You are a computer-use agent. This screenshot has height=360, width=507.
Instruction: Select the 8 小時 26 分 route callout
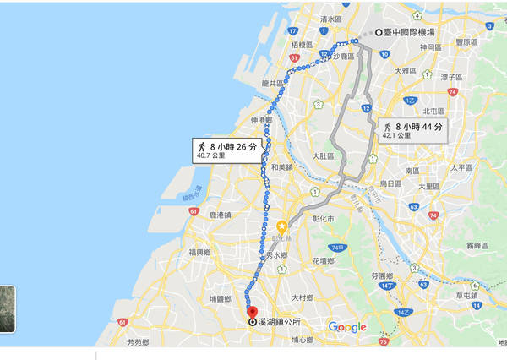(x=226, y=150)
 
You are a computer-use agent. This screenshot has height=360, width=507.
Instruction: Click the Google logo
(x=347, y=327)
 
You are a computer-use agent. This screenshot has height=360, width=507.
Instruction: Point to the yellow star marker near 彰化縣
(x=281, y=226)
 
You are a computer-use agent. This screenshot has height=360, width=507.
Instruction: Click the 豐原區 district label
(x=466, y=41)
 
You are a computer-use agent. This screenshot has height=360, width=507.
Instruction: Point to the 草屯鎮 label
(x=466, y=295)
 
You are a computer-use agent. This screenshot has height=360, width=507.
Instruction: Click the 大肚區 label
(x=323, y=156)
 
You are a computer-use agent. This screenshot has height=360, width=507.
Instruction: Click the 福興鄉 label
(x=200, y=252)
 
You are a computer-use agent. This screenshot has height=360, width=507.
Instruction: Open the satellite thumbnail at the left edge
(x=7, y=308)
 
